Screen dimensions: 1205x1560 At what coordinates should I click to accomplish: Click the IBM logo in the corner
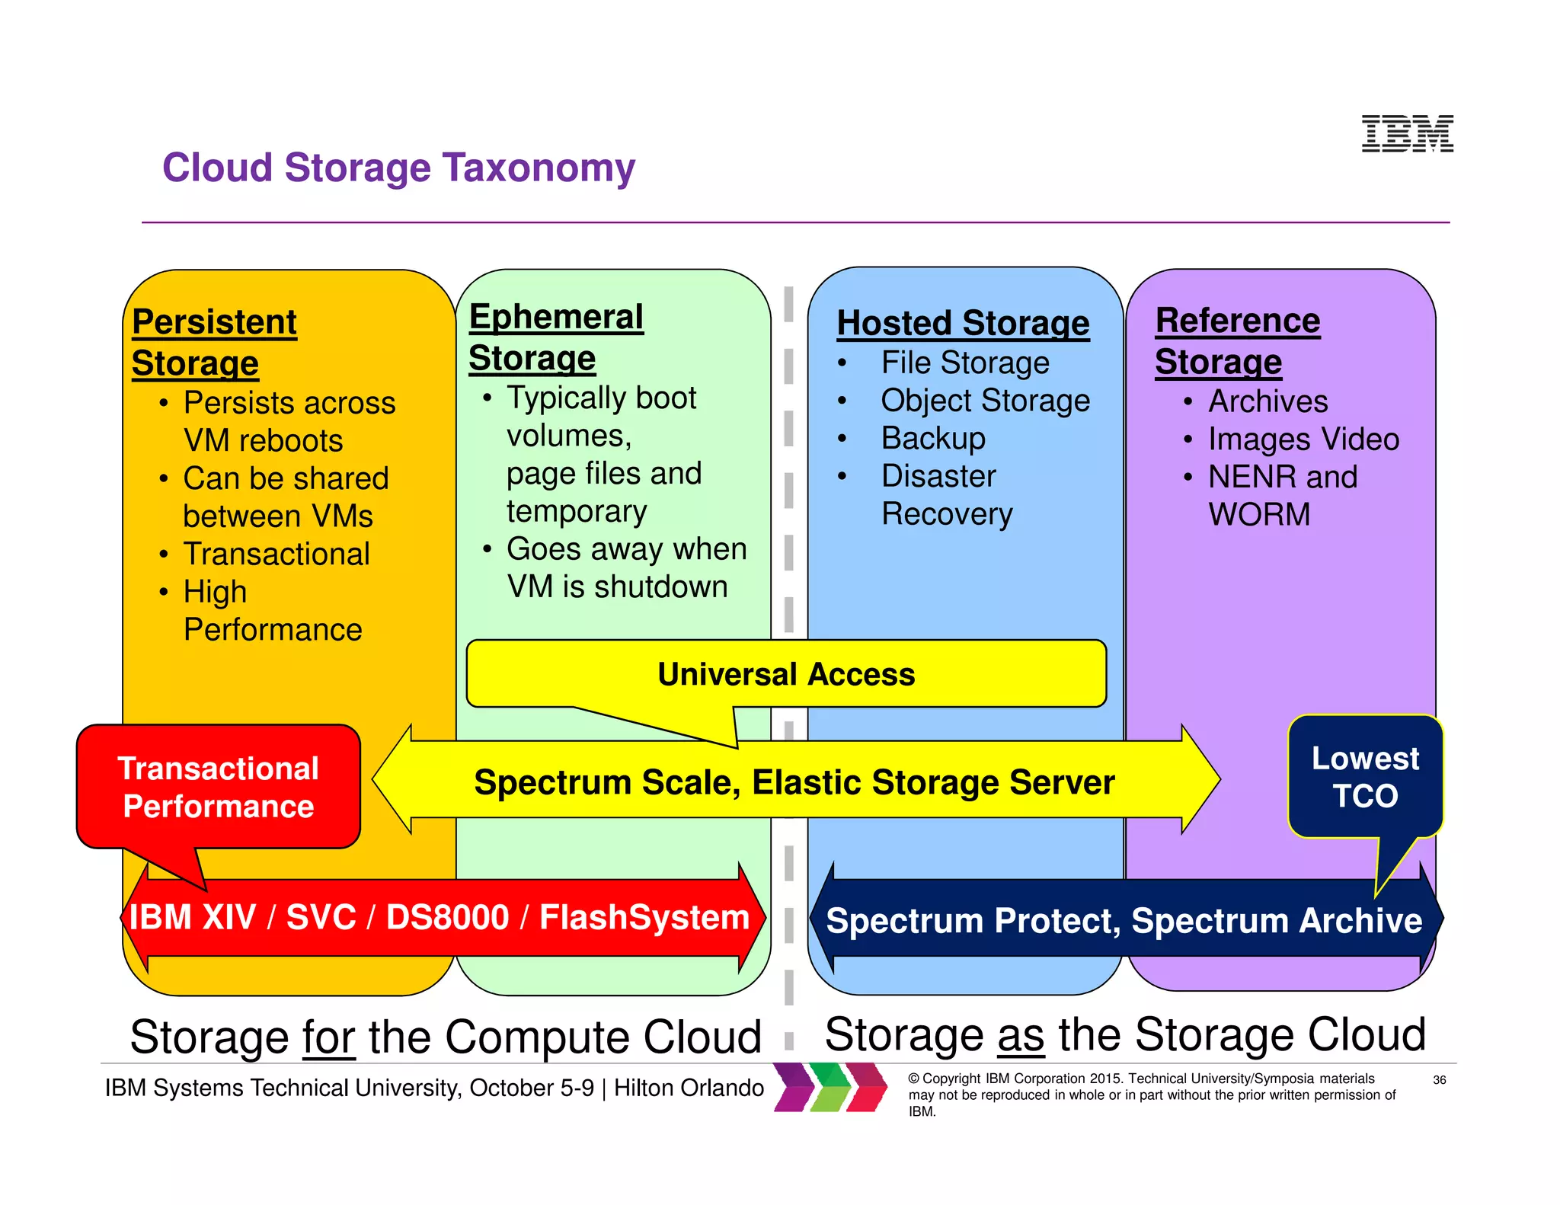1407,133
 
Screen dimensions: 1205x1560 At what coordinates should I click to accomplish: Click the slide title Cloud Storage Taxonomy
398,168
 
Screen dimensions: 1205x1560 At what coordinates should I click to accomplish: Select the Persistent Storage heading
214,342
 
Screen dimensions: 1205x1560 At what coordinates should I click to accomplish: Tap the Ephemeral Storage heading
555,337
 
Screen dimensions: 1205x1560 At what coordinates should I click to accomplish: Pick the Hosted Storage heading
963,323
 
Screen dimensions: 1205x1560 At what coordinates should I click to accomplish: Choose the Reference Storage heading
1237,340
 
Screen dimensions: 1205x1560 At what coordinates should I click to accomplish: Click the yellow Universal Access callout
785,674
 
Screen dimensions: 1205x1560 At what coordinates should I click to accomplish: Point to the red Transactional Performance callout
218,787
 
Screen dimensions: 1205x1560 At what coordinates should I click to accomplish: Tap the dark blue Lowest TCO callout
1365,777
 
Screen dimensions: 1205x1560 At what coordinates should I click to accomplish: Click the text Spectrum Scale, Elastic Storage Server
794,782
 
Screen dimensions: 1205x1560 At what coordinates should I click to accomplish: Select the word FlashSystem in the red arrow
644,917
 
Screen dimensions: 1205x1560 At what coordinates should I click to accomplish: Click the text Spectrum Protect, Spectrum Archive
1124,920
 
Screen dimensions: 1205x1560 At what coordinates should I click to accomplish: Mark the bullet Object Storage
985,401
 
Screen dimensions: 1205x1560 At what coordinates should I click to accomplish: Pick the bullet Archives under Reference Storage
1267,401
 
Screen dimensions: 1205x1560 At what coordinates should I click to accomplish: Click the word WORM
1259,514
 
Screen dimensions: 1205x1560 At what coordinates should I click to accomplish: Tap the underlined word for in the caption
328,1037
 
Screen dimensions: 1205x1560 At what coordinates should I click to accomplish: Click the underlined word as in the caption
1020,1035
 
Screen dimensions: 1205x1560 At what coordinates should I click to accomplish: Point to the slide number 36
1439,1080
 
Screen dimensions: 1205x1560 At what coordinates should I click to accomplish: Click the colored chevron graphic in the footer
830,1087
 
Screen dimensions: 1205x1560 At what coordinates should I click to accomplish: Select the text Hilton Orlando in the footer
689,1088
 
